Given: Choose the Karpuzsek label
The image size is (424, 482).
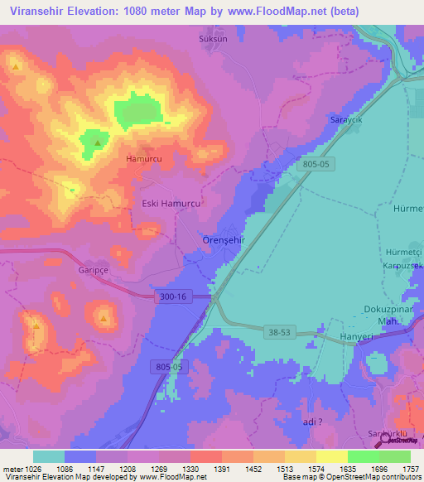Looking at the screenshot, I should [x=404, y=266].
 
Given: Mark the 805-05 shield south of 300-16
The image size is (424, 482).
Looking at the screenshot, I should [x=171, y=366].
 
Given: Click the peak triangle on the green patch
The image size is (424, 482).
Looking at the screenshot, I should [x=98, y=143].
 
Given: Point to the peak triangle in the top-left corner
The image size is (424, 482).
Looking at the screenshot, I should [x=15, y=64].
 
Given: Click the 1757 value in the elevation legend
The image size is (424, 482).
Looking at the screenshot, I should [x=411, y=468].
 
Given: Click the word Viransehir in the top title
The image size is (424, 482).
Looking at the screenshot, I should [x=36, y=11].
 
